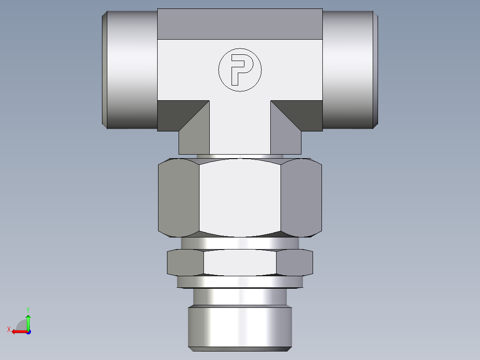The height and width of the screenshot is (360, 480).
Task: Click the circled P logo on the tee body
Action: pyautogui.click(x=240, y=70)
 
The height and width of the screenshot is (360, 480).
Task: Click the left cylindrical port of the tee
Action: pyautogui.click(x=130, y=70)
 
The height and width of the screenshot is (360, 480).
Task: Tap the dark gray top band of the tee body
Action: pyautogui.click(x=240, y=24)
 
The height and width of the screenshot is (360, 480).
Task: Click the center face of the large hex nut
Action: pyautogui.click(x=240, y=197)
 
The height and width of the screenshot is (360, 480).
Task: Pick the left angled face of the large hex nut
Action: pyautogui.click(x=179, y=197)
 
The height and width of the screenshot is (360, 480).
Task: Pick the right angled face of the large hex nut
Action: pyautogui.click(x=301, y=197)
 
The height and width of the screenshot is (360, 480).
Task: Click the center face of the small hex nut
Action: pyautogui.click(x=240, y=262)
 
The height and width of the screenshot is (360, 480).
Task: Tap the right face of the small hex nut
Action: pyautogui.click(x=294, y=262)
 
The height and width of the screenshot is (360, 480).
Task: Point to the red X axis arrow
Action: pyautogui.click(x=17, y=331)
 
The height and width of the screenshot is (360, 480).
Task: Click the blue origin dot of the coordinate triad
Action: pyautogui.click(x=28, y=331)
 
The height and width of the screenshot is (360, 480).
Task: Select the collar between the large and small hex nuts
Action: pyautogui.click(x=240, y=243)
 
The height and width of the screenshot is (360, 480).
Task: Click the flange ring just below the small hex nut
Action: pyautogui.click(x=240, y=282)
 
